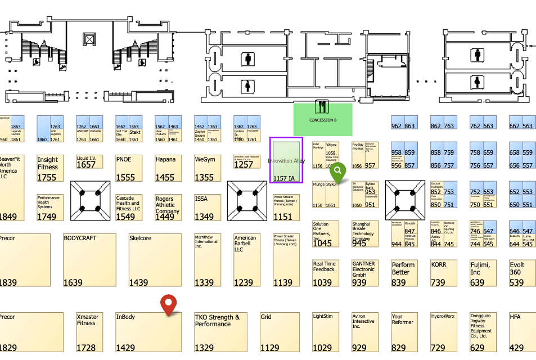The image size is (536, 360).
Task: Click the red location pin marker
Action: pos(168,304)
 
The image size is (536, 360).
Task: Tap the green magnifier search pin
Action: pos(338,170)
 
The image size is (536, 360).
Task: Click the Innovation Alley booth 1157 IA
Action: pos(287,160)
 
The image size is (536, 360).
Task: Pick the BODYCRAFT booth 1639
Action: pos(89,260)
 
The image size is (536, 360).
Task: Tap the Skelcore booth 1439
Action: pos(155,260)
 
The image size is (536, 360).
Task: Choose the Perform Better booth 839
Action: pos(404,273)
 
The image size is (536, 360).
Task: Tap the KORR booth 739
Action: pos(444,273)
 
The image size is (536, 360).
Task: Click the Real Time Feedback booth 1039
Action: pos(326,273)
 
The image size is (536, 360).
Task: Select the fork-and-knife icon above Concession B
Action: pos(322,107)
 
